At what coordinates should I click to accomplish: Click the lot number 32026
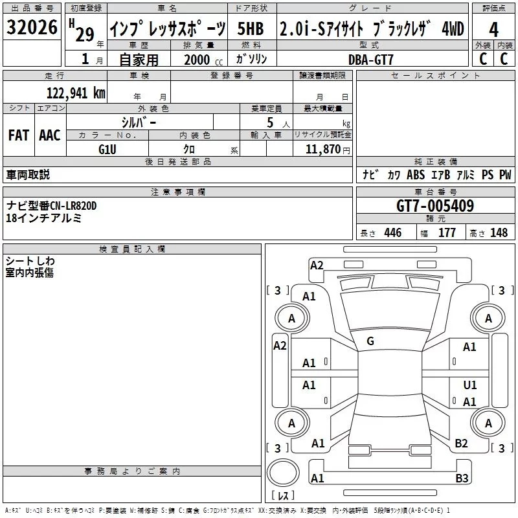pos(32,27)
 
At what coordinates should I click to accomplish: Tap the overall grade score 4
pos(493,30)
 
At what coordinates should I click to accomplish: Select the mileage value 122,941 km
pos(76,93)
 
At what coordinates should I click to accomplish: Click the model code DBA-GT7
pos(370,60)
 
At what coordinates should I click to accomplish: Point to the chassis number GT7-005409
pos(435,206)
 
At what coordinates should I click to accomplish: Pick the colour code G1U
pos(107,150)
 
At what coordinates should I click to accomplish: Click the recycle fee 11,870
pos(322,150)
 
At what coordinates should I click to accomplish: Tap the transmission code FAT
pos(19,135)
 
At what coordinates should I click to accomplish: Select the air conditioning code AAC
pos(50,135)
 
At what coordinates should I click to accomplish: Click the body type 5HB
pos(251,28)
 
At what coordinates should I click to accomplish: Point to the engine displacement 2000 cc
pos(203,60)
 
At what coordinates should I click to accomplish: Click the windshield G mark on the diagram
pos(370,341)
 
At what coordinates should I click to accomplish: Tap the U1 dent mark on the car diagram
pos(470,385)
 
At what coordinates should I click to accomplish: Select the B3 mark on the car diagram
pos(462,478)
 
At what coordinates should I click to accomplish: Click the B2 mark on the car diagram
pos(461,444)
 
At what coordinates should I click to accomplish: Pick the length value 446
pos(393,232)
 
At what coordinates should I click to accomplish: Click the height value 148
pos(499,232)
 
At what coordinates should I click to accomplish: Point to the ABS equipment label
pos(416,175)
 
